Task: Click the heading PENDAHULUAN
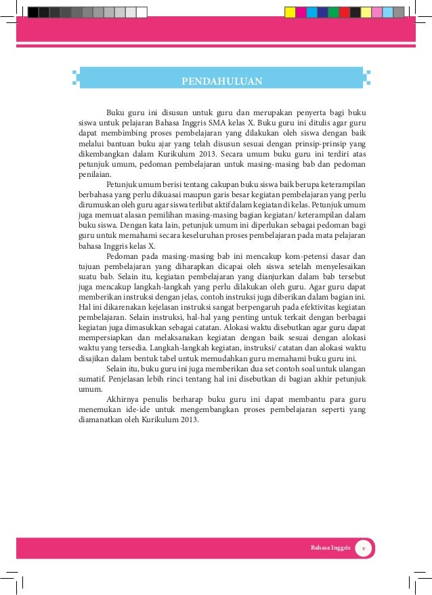(221, 83)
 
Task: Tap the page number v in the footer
(363, 548)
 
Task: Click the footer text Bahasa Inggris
(330, 548)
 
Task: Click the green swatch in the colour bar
(334, 12)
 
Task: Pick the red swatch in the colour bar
(345, 12)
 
